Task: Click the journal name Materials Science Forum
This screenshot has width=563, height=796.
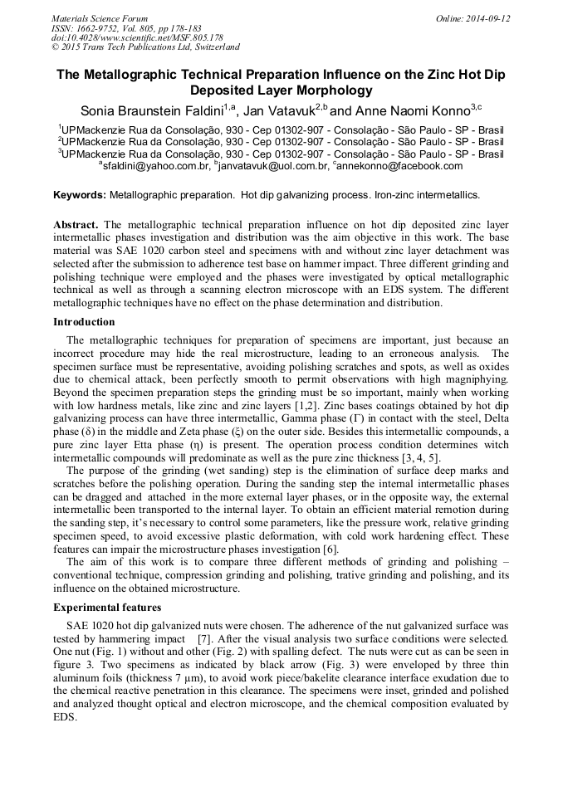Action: point(100,18)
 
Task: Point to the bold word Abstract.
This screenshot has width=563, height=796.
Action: point(76,225)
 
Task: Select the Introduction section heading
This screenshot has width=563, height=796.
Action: point(84,322)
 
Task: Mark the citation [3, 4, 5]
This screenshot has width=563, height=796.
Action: point(421,458)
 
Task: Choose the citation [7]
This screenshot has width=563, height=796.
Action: point(204,640)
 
